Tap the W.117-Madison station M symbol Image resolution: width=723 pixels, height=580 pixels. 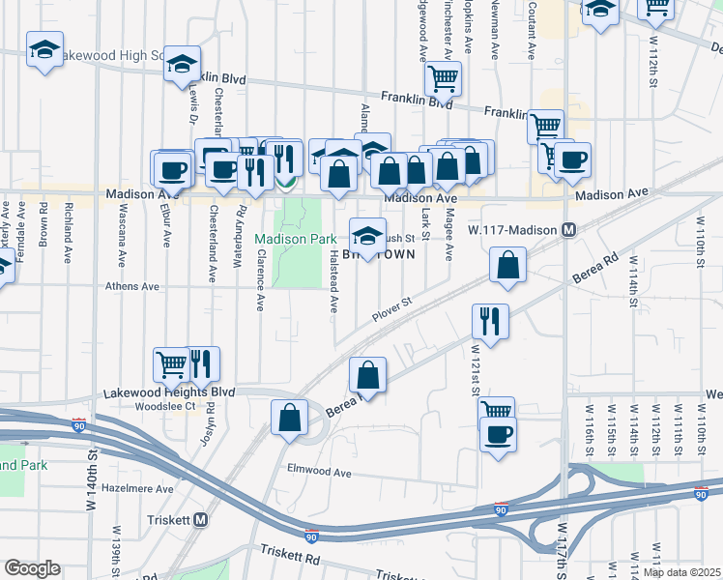click(x=569, y=230)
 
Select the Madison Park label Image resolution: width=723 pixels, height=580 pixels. click(x=295, y=239)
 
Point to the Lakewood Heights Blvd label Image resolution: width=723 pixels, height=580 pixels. click(x=170, y=392)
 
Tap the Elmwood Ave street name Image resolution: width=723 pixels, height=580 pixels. click(x=319, y=472)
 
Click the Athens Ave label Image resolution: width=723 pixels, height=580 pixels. click(x=133, y=286)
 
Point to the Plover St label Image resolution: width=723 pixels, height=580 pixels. click(x=391, y=310)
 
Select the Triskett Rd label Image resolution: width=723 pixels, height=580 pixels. click(x=289, y=558)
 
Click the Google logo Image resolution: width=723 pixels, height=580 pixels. click(x=32, y=568)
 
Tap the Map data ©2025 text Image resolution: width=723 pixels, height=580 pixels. click(x=681, y=572)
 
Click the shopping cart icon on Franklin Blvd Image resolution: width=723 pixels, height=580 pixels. click(x=443, y=77)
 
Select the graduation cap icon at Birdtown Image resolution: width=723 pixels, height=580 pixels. click(x=366, y=234)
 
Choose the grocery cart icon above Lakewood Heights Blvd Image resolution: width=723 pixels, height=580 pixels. click(x=172, y=364)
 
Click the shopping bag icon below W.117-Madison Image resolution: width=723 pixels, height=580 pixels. click(x=507, y=264)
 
